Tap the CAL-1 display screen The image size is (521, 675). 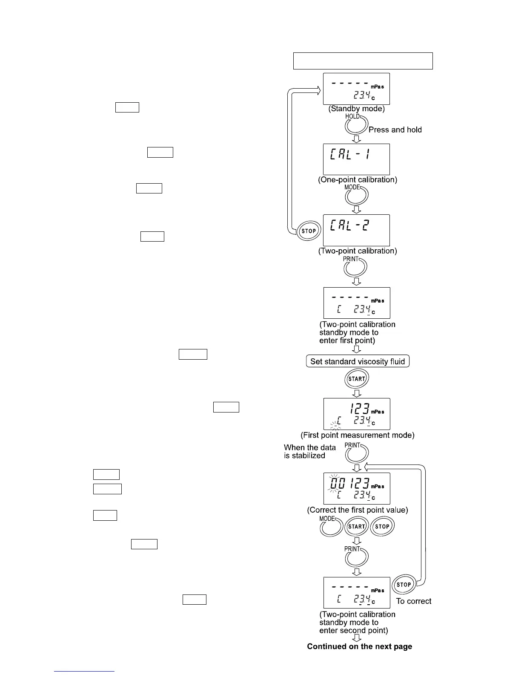tap(357, 159)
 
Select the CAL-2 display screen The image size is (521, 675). tap(357, 230)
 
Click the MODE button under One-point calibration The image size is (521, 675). tap(357, 196)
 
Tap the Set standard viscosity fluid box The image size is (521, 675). tap(358, 361)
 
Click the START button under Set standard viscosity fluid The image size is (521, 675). tap(357, 379)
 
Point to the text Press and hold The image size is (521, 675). tap(395, 130)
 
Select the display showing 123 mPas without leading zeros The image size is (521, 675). tap(357, 414)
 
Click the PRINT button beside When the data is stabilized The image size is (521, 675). tap(356, 453)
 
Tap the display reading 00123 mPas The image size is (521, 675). tap(357, 488)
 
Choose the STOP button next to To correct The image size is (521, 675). tap(404, 585)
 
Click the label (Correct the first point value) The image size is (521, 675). tap(358, 510)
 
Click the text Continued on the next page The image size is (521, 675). tap(360, 646)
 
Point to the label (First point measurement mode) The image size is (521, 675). tap(358, 435)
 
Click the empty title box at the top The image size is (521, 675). tap(363, 61)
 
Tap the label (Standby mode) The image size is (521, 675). tap(357, 109)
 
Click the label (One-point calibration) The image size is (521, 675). tap(358, 180)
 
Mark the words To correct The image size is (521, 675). tap(413, 601)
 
